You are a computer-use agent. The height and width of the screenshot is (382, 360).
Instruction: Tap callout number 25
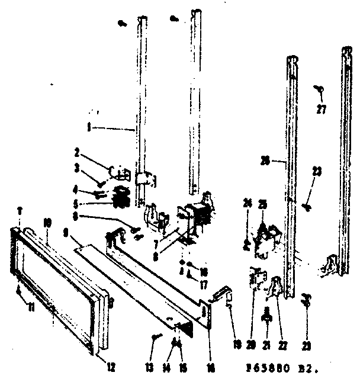pyautogui.click(x=262, y=204)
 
